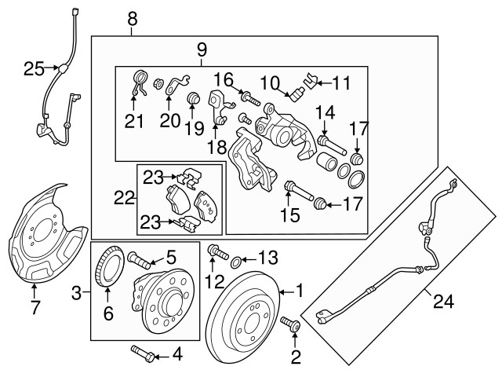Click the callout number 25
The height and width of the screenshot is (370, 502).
point(34,69)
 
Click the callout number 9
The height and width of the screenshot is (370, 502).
point(202,50)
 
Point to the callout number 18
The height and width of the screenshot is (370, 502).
point(216,147)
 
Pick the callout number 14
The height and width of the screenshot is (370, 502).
point(325,112)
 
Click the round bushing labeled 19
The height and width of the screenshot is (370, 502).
point(193,99)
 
